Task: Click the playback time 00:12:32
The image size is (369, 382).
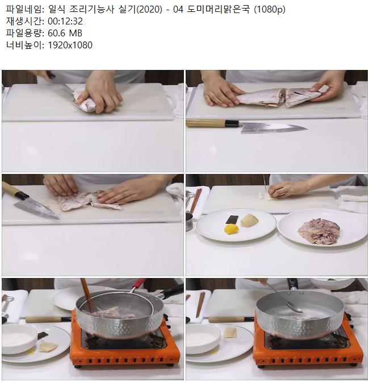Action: pyautogui.click(x=65, y=21)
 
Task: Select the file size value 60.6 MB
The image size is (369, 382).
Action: pyautogui.click(x=65, y=33)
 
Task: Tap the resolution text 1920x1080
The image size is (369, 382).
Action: pyautogui.click(x=70, y=45)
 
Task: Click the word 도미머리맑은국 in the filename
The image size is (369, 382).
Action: pyautogui.click(x=219, y=9)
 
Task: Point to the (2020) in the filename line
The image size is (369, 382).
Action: pyautogui.click(x=149, y=9)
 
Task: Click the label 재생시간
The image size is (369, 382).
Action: pyautogui.click(x=24, y=21)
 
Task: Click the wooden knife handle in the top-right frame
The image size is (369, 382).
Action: pyautogui.click(x=206, y=123)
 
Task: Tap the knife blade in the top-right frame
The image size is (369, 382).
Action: pyautogui.click(x=272, y=128)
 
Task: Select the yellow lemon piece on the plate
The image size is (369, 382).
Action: pyautogui.click(x=231, y=229)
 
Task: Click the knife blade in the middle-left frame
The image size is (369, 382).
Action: pyautogui.click(x=37, y=209)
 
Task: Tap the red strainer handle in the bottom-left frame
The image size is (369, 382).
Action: pyautogui.click(x=139, y=283)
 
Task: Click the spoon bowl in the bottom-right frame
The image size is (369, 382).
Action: pyautogui.click(x=295, y=308)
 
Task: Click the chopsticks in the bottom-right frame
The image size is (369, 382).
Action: pyautogui.click(x=200, y=305)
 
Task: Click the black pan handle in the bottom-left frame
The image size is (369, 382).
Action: pyautogui.click(x=173, y=291)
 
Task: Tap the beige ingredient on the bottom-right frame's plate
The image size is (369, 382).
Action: pyautogui.click(x=230, y=333)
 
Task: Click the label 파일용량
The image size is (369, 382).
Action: pyautogui.click(x=24, y=33)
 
